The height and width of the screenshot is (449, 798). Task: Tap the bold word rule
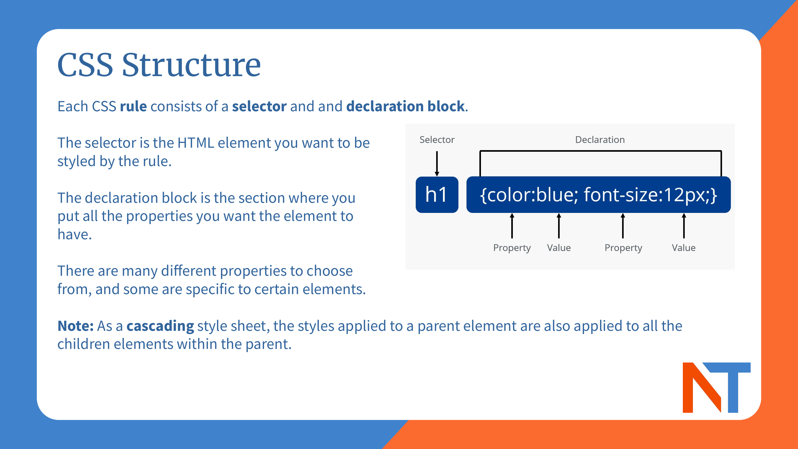(133, 106)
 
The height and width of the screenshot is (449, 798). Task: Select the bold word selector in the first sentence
(259, 106)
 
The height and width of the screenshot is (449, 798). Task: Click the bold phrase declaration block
(405, 106)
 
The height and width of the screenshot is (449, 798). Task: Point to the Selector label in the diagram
(437, 140)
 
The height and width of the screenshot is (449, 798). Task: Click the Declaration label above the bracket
(600, 140)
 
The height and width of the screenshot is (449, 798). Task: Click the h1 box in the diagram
(437, 195)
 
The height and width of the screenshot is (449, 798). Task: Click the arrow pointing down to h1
(437, 163)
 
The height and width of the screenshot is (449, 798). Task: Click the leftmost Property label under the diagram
(512, 248)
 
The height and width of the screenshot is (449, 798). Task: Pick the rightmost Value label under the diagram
(683, 248)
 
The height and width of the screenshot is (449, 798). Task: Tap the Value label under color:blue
(559, 248)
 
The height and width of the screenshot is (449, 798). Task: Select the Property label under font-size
(623, 248)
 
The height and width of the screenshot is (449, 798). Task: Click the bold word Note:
(75, 326)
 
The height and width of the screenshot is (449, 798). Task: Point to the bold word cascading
(160, 326)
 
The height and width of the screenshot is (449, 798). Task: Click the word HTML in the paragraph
(196, 143)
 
